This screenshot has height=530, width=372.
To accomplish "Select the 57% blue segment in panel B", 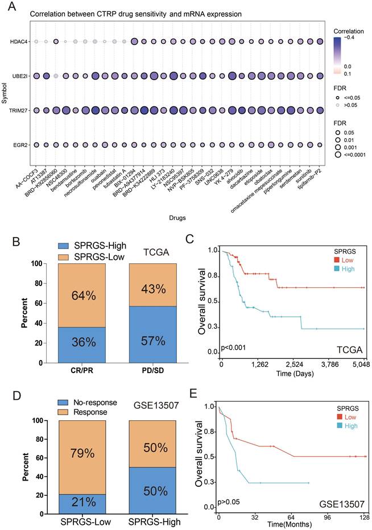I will [x=144, y=341].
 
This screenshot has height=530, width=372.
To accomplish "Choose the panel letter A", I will [x=9, y=7].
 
